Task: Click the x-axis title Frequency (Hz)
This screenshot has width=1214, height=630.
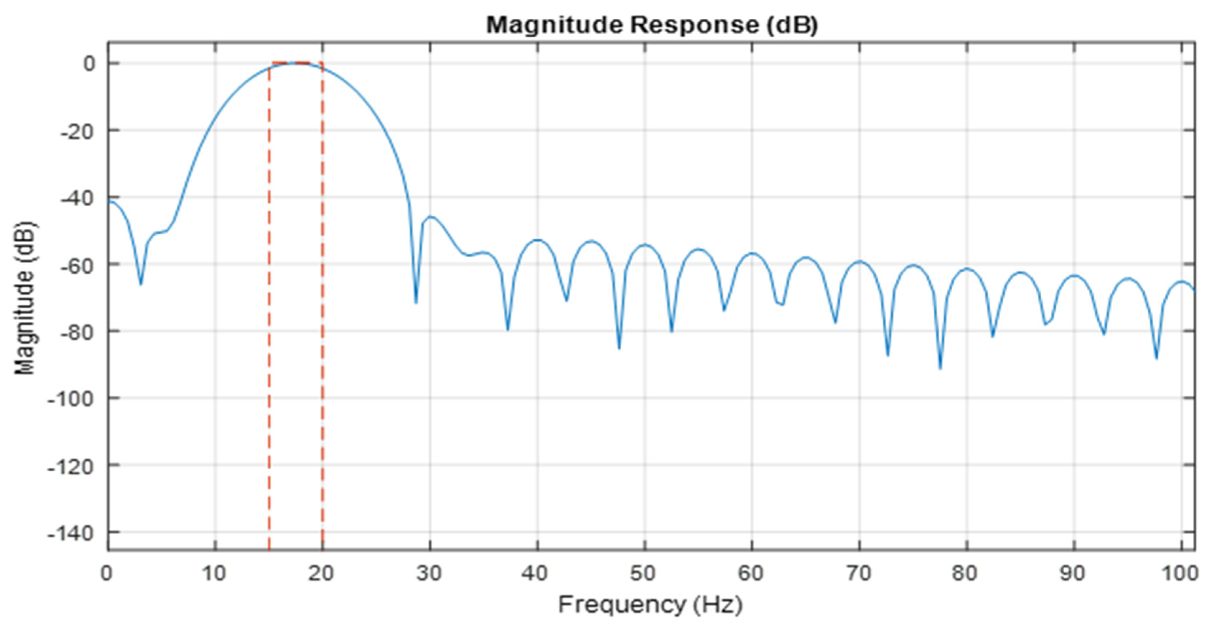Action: [650, 604]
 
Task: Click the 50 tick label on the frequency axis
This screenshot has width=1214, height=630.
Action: [644, 574]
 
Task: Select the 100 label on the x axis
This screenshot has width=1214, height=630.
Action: [1180, 574]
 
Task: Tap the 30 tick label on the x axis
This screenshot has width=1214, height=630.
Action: [429, 574]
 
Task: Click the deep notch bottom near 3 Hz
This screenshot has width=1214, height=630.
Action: [140, 284]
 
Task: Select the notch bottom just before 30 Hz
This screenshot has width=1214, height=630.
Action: [416, 303]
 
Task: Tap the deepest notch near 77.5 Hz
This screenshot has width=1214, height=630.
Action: [940, 368]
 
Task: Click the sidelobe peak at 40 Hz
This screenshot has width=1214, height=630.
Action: [537, 240]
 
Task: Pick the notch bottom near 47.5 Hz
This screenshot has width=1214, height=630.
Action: [619, 348]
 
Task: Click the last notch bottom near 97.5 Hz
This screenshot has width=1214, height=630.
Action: [1157, 358]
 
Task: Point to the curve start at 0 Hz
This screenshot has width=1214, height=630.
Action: [109, 201]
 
